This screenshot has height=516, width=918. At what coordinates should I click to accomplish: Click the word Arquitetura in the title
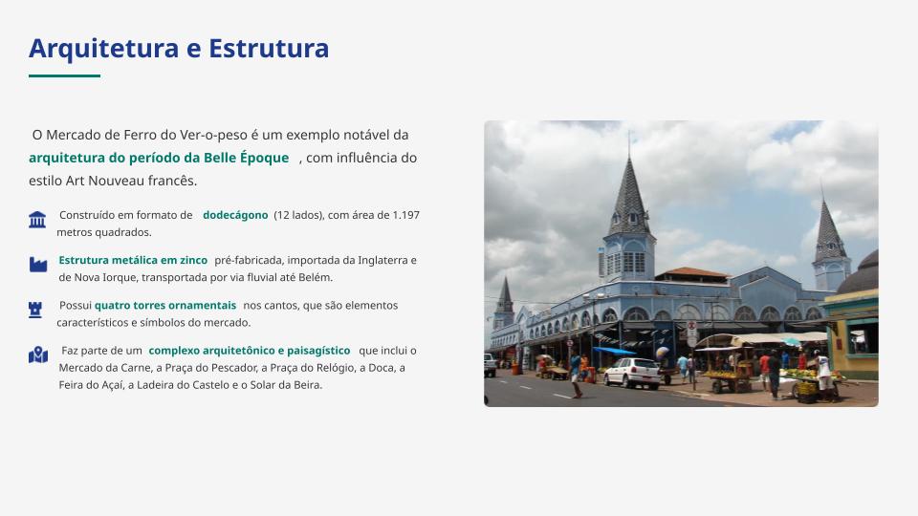(x=103, y=49)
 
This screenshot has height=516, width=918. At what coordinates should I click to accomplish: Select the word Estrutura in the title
(x=269, y=48)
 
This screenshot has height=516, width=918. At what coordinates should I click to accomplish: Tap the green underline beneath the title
(x=64, y=75)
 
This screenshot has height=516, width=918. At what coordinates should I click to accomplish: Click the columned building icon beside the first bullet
(x=37, y=220)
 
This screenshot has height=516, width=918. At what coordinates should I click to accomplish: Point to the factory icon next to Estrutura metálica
(x=38, y=265)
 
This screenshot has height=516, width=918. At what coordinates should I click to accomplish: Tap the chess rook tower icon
(x=35, y=310)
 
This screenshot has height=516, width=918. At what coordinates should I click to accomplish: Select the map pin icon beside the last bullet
(x=38, y=355)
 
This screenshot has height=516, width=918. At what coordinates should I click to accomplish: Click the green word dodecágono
(x=235, y=215)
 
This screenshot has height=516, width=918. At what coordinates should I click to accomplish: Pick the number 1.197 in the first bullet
(x=405, y=215)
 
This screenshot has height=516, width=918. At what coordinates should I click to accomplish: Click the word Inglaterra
(x=382, y=260)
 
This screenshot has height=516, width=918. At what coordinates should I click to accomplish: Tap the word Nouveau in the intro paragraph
(x=116, y=181)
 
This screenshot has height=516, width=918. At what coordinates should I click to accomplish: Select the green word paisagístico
(x=318, y=351)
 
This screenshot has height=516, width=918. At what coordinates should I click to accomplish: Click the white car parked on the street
(x=633, y=373)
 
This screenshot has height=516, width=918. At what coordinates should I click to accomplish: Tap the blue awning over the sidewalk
(x=614, y=351)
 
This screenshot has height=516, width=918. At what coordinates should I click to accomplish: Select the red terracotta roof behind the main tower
(x=692, y=272)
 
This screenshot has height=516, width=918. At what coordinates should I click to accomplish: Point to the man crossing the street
(x=576, y=376)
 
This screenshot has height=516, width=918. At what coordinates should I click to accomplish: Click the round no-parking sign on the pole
(x=691, y=326)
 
